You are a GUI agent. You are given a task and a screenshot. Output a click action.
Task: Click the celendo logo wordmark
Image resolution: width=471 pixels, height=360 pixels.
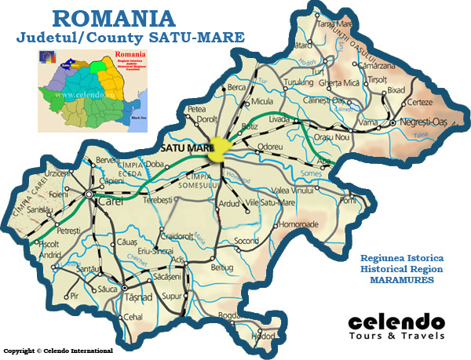396,322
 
